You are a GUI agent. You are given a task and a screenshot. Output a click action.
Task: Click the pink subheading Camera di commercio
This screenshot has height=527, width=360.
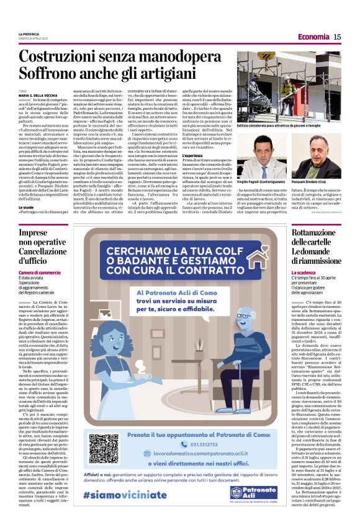click(42, 273)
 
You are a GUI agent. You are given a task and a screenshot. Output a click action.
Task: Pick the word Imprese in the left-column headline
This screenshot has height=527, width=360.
click(34, 233)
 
